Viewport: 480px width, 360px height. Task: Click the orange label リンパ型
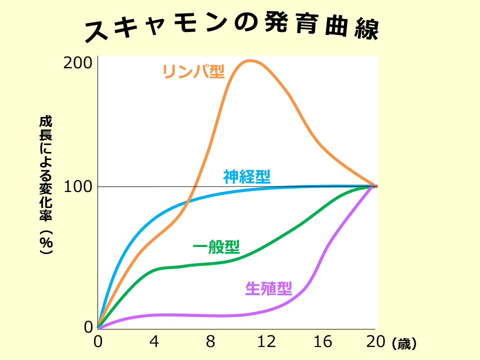[193, 71]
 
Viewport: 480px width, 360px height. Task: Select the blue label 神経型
[247, 176]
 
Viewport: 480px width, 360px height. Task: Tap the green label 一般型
[216, 246]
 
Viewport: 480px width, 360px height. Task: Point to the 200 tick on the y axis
[78, 63]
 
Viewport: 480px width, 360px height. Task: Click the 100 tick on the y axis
[78, 186]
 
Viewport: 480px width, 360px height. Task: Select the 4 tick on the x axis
[154, 342]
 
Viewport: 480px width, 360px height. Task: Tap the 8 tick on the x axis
[210, 342]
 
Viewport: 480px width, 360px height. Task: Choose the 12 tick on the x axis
[266, 342]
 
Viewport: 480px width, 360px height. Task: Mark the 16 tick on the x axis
[323, 342]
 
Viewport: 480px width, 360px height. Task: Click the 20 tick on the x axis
[375, 342]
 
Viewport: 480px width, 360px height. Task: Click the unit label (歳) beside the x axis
[404, 343]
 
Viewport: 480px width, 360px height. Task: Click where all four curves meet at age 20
[375, 186]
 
